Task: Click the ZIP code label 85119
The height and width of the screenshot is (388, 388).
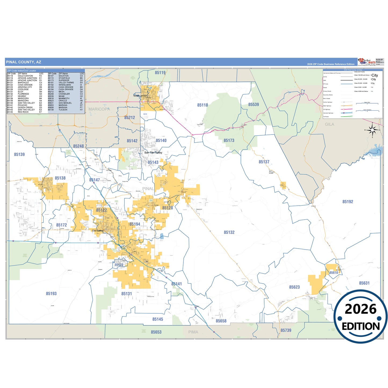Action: [160, 72]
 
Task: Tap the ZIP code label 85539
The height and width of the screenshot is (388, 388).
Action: [253, 104]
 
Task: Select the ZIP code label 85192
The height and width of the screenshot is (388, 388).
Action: [347, 202]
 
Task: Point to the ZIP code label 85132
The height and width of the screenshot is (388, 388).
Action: [229, 232]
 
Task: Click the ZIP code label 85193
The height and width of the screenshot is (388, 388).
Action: [51, 293]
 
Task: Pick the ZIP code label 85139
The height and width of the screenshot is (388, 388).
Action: [19, 154]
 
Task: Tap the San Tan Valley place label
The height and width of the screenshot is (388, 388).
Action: [153, 153]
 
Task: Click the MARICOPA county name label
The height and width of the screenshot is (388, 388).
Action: [99, 109]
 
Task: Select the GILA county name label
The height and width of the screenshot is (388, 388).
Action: [329, 124]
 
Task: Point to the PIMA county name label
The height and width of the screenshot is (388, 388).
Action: [193, 332]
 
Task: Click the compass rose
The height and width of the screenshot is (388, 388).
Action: [372, 130]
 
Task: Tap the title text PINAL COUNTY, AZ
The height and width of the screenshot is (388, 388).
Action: [24, 62]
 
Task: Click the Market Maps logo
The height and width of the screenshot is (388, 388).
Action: [367, 62]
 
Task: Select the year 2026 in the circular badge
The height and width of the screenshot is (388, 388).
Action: [360, 309]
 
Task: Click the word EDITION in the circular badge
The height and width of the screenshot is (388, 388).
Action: [360, 326]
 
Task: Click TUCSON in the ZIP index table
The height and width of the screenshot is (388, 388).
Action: [63, 110]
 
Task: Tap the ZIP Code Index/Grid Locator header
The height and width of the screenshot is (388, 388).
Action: [21, 71]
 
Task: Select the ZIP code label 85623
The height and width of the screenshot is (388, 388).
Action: [294, 287]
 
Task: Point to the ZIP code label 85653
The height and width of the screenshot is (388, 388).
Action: [156, 332]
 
